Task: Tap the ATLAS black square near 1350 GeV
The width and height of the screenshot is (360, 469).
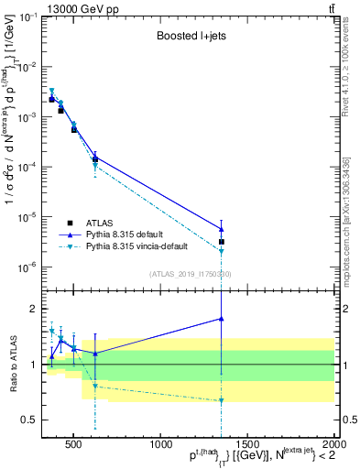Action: [222, 242]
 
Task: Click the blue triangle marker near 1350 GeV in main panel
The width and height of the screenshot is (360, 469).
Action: [222, 229]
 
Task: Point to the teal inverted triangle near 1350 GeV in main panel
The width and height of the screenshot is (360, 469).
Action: [222, 251]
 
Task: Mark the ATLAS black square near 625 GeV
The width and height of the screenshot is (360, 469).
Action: [95, 159]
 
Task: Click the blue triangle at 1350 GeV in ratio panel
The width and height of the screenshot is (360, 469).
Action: [222, 318]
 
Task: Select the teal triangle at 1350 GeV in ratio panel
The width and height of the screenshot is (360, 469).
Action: [222, 400]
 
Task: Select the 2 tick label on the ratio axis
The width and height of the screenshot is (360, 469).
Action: [33, 309]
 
